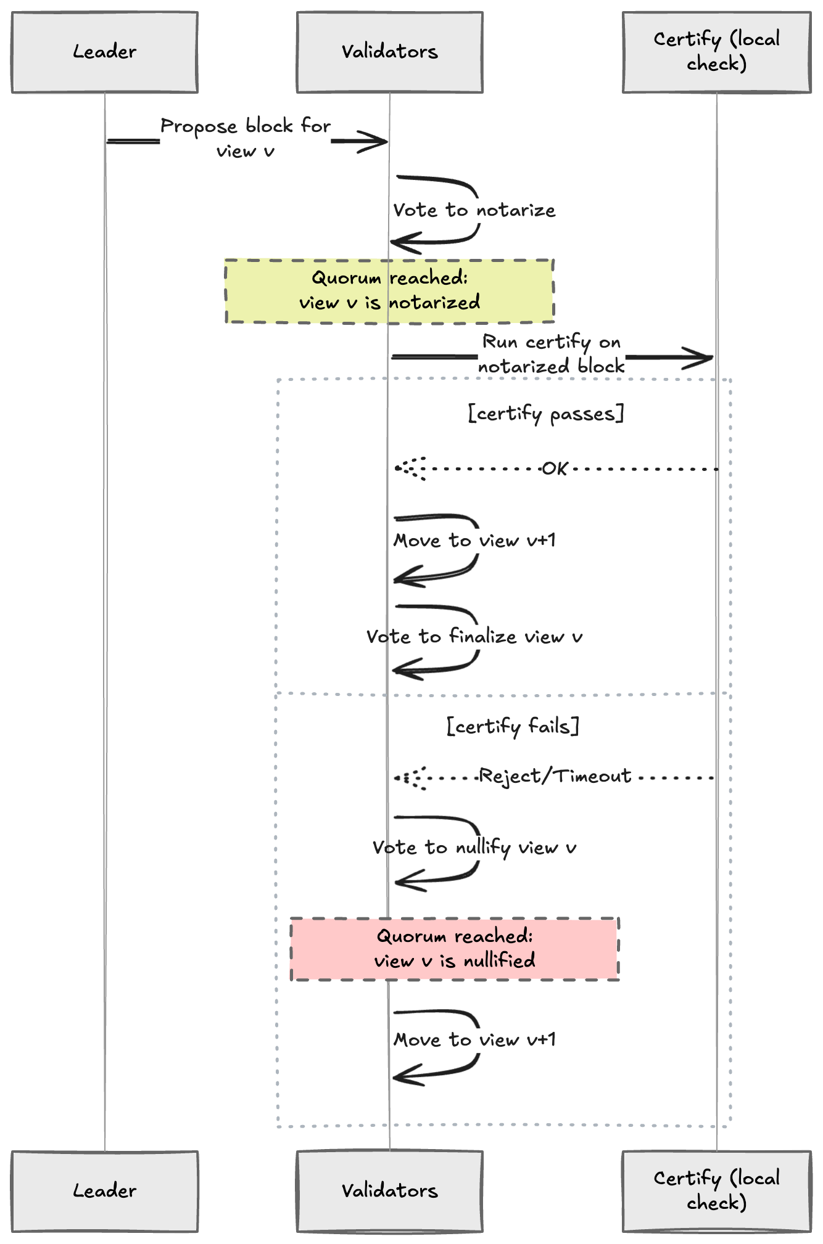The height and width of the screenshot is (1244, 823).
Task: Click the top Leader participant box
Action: (x=104, y=52)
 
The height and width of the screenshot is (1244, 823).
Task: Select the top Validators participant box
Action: (x=389, y=52)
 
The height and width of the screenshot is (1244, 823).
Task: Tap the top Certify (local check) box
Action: (x=716, y=52)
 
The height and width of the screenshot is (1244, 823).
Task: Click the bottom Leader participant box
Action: (x=104, y=1191)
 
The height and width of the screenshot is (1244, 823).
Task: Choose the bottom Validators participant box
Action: (x=389, y=1191)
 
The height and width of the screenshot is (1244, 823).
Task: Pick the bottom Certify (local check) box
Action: (x=716, y=1191)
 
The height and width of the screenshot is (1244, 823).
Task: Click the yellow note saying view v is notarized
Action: (x=389, y=290)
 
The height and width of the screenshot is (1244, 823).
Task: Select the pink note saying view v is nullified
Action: (x=455, y=949)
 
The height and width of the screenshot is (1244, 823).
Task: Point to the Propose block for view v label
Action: (x=246, y=138)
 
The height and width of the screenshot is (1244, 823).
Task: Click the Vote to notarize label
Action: (x=474, y=210)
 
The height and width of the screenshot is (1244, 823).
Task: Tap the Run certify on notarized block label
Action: (x=551, y=354)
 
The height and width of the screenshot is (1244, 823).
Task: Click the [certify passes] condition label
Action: (x=545, y=414)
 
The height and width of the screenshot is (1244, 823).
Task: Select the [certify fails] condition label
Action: (x=513, y=726)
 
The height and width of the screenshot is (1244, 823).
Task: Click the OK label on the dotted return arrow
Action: (x=555, y=469)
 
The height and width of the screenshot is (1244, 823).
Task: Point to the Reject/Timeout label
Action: (x=555, y=776)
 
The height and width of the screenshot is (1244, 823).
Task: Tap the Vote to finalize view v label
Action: (x=474, y=636)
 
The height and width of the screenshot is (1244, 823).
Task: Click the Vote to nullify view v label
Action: (x=474, y=848)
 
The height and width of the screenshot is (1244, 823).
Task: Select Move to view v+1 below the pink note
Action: (x=474, y=1040)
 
